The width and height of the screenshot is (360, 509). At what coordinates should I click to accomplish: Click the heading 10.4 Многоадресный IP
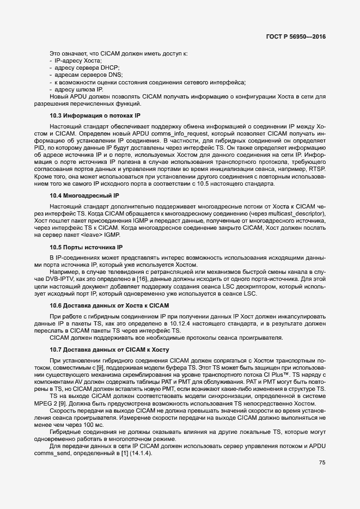[84, 195]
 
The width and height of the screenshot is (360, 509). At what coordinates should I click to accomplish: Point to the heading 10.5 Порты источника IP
[86, 247]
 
